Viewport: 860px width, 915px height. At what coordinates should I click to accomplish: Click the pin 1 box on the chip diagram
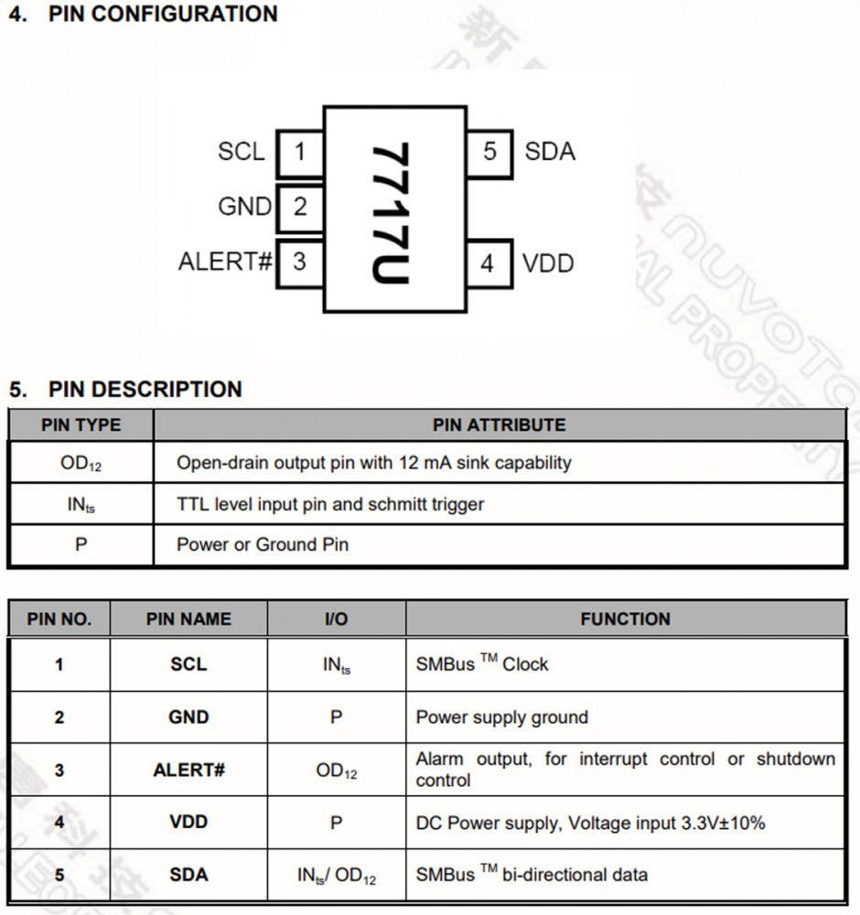tap(300, 151)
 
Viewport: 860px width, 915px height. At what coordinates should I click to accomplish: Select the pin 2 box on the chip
tap(300, 207)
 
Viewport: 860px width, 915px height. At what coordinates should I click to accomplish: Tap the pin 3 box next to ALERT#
tap(300, 262)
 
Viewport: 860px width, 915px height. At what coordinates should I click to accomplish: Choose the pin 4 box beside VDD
tap(488, 264)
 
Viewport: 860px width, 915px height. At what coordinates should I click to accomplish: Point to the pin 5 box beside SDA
tap(489, 151)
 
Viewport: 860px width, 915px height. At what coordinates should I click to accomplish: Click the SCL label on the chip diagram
tap(241, 151)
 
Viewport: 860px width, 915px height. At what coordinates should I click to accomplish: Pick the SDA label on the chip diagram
tap(550, 151)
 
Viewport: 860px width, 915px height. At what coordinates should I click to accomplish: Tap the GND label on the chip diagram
tap(244, 207)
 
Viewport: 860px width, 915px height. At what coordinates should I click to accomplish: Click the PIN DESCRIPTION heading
tap(145, 389)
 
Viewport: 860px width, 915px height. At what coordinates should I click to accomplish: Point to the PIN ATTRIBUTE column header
tap(499, 425)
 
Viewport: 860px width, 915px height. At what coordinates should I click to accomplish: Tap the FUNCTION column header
tap(625, 619)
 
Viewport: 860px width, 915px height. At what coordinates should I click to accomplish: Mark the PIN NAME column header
tap(188, 619)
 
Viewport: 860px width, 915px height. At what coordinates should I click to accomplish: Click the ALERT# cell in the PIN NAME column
tap(188, 770)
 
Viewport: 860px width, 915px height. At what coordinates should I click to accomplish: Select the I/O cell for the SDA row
tap(336, 876)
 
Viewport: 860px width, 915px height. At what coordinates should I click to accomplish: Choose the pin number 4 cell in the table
tap(59, 822)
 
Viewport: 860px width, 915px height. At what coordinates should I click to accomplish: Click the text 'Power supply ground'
tap(501, 717)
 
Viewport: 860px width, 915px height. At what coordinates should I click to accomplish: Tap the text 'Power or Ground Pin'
tap(263, 545)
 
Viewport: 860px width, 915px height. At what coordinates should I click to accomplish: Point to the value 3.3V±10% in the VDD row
tap(723, 823)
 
